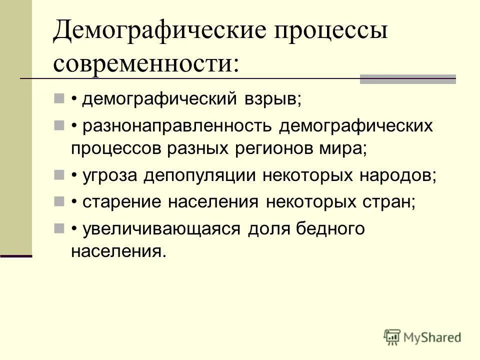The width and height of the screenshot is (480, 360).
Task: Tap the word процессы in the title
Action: (x=330, y=32)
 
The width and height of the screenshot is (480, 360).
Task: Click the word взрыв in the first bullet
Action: (x=273, y=98)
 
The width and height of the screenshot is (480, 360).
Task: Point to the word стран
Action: (x=390, y=202)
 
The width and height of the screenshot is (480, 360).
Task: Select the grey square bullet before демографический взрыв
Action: (x=59, y=98)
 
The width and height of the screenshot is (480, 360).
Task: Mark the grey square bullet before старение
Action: (x=59, y=202)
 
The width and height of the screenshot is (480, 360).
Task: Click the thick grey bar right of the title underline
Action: (x=408, y=78)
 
